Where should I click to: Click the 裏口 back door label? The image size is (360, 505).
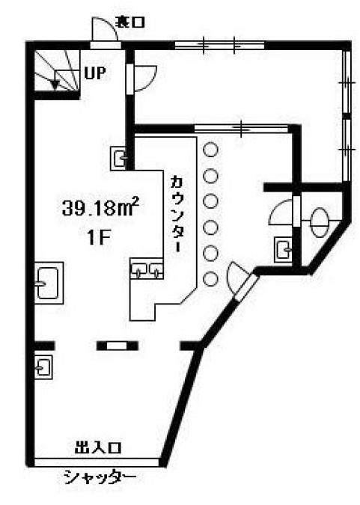click(x=131, y=22)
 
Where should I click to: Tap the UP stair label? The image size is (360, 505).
click(x=95, y=73)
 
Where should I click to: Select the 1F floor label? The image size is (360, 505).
click(x=99, y=239)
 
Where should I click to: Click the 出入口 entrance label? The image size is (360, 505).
click(x=97, y=447)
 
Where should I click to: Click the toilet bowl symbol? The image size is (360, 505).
click(x=320, y=222)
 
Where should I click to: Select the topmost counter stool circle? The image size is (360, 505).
click(x=210, y=150)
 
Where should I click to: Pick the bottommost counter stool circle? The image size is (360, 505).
click(x=210, y=278)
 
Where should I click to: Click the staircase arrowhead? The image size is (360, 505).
click(x=55, y=85)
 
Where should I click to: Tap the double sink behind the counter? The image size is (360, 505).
click(x=147, y=269)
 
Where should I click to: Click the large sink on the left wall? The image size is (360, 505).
click(x=49, y=283)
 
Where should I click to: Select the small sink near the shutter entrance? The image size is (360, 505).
click(x=43, y=367)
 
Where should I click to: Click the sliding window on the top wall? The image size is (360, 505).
click(x=220, y=45)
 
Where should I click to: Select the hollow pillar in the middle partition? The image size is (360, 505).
click(x=118, y=346)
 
